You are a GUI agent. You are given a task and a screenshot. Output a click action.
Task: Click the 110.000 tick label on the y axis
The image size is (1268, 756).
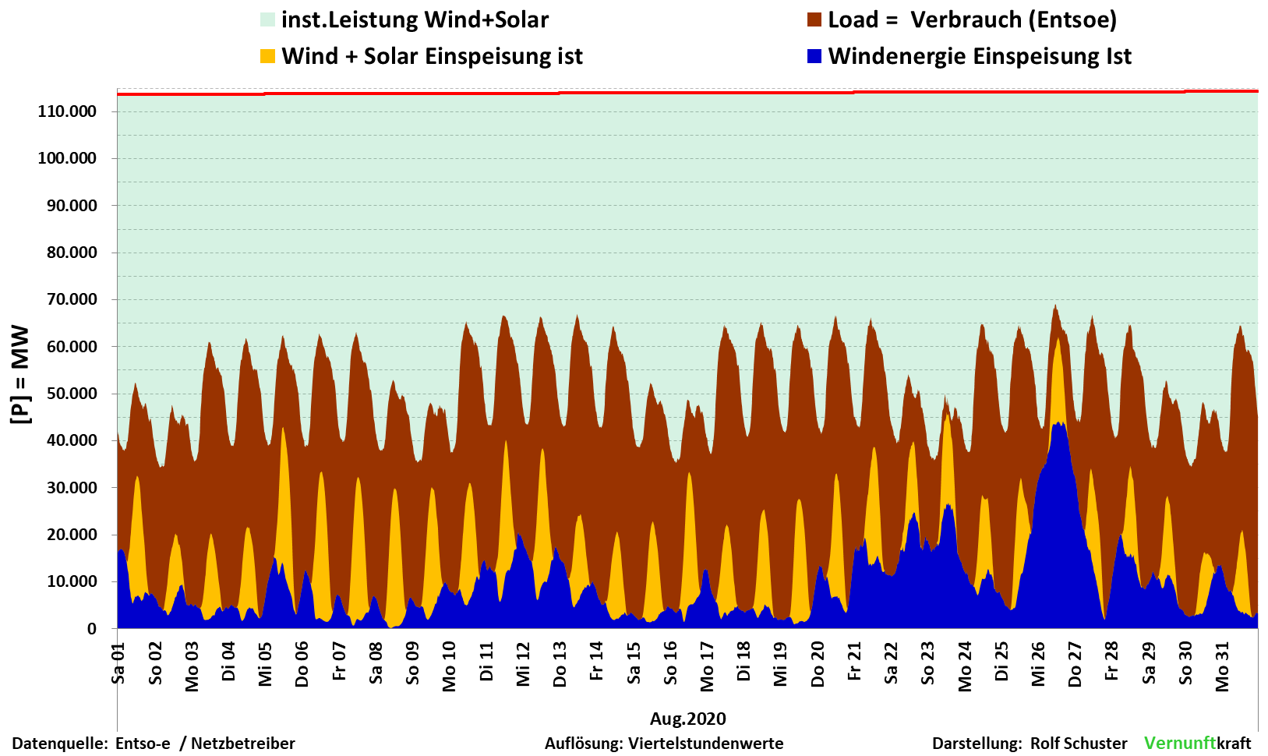coord(67,111)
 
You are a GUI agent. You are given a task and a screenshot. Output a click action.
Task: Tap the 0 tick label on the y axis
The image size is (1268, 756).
coord(92,629)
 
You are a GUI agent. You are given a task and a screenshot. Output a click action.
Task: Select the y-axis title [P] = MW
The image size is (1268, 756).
coord(20,375)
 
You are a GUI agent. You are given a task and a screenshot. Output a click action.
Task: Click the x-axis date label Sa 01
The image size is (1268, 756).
coord(118,663)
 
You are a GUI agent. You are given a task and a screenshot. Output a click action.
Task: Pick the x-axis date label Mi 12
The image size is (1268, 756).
coord(523,665)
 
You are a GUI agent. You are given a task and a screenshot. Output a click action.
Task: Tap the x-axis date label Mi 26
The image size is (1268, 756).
coord(1038,665)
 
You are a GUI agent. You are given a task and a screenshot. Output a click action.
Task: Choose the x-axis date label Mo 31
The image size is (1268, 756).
coord(1222,667)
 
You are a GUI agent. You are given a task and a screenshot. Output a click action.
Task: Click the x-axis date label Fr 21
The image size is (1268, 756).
coord(854,662)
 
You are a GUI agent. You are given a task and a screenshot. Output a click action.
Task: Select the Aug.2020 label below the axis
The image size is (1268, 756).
coord(687,719)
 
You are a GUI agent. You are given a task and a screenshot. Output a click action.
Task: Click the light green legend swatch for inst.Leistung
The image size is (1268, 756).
coord(268,20)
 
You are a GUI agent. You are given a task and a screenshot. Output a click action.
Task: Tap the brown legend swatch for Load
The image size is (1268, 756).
coord(814,20)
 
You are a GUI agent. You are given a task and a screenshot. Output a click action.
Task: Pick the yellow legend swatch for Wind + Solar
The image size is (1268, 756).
coord(268,56)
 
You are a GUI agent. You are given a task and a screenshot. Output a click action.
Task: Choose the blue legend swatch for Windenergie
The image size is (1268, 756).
coord(814,56)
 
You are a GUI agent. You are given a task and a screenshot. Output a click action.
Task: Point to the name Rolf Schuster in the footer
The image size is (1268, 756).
coord(1079,744)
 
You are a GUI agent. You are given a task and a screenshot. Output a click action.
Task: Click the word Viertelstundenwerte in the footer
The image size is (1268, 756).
coord(706,744)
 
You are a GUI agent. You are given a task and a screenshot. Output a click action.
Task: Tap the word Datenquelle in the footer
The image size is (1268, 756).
coord(59,744)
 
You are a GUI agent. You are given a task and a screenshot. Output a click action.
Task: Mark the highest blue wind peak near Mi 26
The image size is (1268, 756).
coord(1059,426)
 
